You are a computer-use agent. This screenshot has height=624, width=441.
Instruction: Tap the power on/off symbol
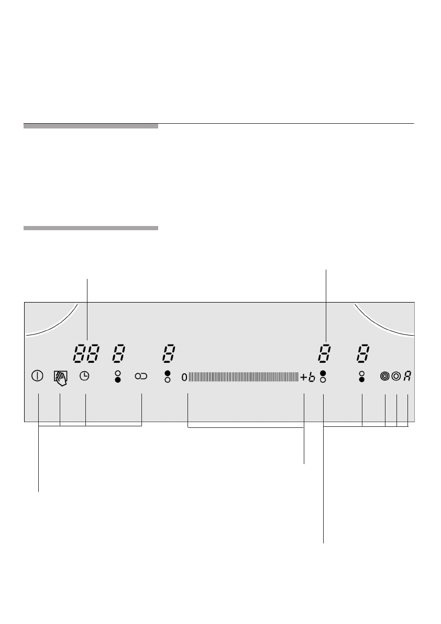click(x=37, y=376)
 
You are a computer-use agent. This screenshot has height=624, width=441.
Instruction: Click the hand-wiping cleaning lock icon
click(x=60, y=378)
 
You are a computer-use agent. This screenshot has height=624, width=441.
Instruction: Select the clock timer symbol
click(x=84, y=376)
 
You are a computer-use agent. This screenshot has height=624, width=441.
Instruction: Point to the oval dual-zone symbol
click(x=141, y=376)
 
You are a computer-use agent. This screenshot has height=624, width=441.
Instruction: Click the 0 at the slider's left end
click(x=184, y=377)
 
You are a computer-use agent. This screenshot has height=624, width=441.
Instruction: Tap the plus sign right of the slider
click(x=303, y=377)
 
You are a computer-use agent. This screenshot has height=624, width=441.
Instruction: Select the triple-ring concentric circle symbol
click(x=384, y=376)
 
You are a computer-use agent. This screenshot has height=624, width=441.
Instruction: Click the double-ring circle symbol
click(x=396, y=376)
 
